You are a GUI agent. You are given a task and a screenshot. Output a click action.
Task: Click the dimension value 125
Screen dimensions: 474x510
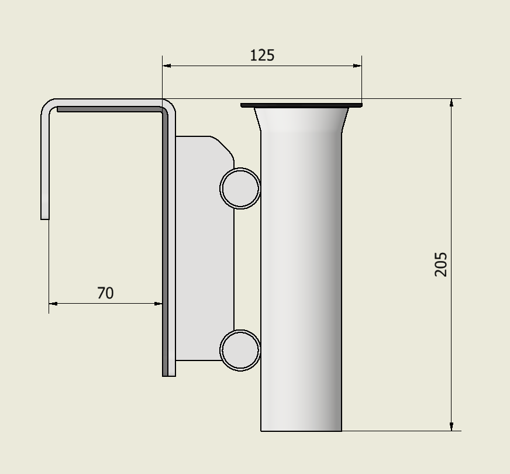(262, 55)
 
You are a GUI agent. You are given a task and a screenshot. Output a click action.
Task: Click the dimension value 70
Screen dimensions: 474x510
(105, 293)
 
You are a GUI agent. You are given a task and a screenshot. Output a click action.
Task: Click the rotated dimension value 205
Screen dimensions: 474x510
(442, 264)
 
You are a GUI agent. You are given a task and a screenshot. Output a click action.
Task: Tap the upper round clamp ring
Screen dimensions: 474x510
(240, 188)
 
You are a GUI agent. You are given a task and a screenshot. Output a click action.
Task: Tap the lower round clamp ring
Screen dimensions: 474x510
(240, 350)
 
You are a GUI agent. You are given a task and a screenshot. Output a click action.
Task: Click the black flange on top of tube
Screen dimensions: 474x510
(301, 105)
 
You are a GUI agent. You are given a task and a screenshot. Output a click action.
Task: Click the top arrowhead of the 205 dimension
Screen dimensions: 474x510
(452, 104)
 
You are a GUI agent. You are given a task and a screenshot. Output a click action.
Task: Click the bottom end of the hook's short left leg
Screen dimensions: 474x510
(45, 217)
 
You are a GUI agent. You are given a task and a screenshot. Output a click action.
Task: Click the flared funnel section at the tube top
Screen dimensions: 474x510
(301, 120)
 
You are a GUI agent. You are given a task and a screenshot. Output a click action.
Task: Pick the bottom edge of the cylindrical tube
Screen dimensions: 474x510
(301, 431)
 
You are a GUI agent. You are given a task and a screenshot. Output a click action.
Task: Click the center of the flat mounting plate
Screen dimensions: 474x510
(205, 249)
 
